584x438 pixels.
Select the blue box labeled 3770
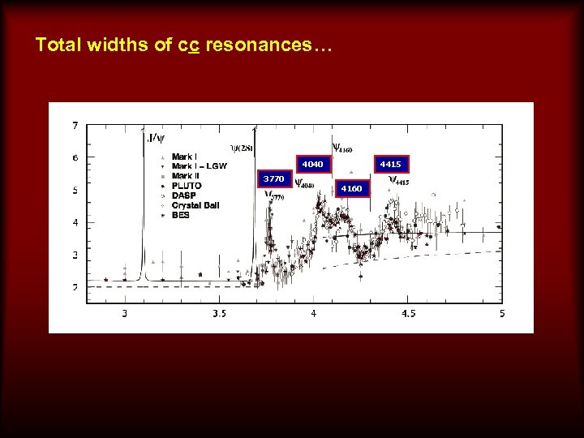273,178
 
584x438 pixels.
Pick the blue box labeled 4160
351,189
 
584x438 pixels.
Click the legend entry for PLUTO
187,186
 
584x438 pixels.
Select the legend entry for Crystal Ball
195,205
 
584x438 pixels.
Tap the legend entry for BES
180,215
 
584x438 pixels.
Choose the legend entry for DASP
183,195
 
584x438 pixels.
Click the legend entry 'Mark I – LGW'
199,166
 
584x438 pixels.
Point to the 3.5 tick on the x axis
219,313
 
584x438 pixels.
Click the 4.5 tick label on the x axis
408,313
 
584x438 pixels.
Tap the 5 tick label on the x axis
502,313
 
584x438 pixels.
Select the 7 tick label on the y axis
75,126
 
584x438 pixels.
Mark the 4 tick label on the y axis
75,222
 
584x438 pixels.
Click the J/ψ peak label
153,137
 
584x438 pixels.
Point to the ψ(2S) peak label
242,147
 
